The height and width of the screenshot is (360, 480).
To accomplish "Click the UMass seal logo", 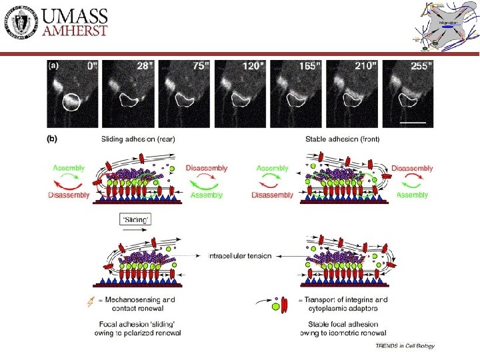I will click(x=23, y=25).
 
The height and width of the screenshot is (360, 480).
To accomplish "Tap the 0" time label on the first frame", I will click(x=91, y=66).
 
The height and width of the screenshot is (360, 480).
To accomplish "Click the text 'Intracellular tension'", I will click(x=240, y=256).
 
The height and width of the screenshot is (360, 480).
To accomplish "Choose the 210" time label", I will click(x=365, y=66).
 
